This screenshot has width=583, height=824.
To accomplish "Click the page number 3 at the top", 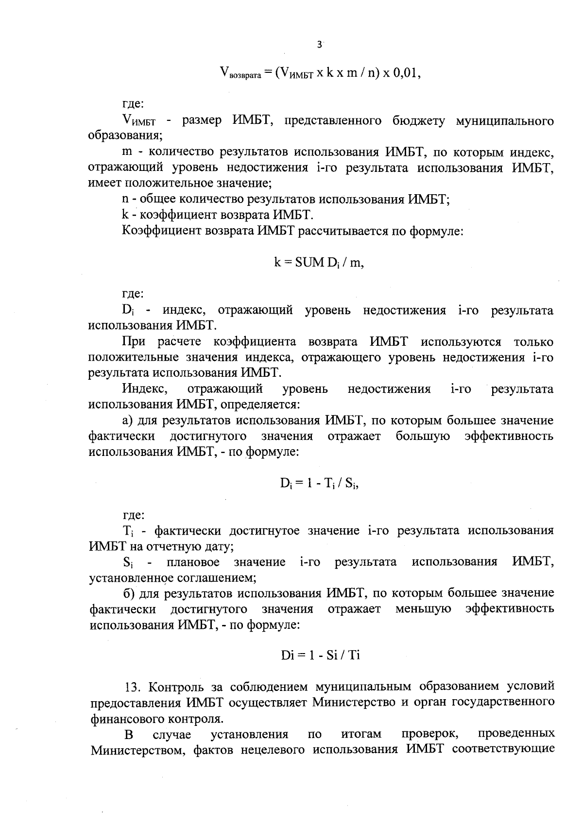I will click(319, 45).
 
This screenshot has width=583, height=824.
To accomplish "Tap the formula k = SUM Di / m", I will click(319, 263).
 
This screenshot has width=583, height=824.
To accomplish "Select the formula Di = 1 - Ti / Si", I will click(319, 483).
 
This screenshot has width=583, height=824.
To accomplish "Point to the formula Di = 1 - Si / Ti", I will click(320, 655).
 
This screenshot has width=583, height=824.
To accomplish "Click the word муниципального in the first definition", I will click(505, 121).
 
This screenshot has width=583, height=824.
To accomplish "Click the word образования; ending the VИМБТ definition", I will click(125, 136).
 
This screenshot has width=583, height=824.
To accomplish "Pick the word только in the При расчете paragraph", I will click(533, 342).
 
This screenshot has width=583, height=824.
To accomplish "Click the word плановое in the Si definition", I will click(193, 562).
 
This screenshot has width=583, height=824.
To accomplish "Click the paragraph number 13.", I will click(133, 687).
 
